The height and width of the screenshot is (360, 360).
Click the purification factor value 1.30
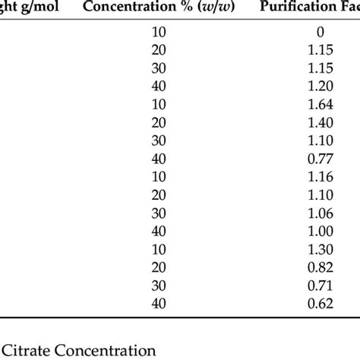coord(320,251)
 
